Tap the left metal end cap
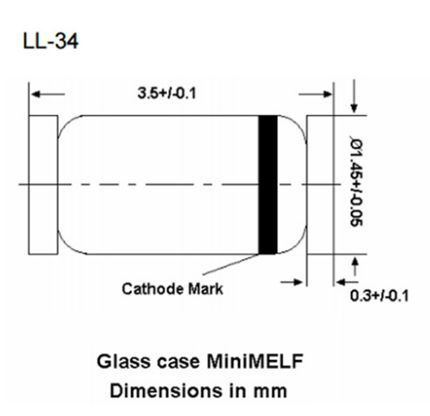(43, 184)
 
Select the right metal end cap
(320, 184)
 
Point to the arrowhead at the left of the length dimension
(36, 92)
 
